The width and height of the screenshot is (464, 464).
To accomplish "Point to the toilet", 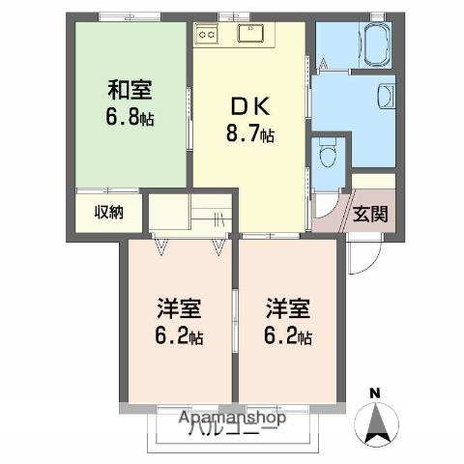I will [x=327, y=155].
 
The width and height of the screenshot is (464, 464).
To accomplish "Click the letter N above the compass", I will [x=374, y=393].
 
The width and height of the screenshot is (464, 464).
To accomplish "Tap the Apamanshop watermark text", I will [x=233, y=419].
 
